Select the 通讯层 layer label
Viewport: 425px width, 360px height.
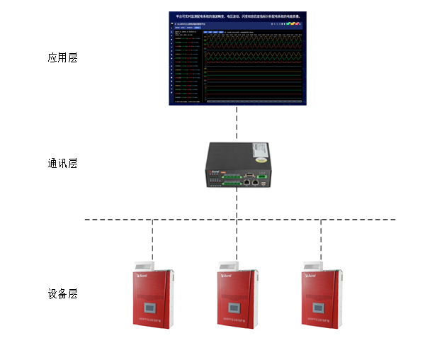(62, 163)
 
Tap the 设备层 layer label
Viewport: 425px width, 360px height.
(62, 293)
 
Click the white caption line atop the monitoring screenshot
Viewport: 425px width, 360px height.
(237, 14)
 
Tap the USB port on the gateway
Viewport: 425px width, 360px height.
(263, 184)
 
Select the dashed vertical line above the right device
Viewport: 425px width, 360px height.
(321, 237)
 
